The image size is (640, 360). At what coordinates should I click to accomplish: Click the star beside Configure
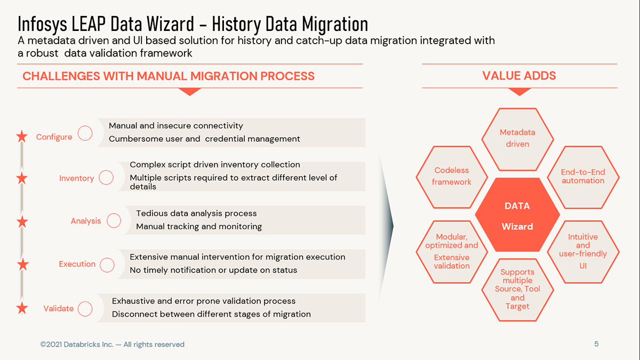[x=22, y=137]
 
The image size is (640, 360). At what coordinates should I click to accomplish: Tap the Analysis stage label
[x=86, y=221]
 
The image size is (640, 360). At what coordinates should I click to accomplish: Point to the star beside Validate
[x=22, y=308]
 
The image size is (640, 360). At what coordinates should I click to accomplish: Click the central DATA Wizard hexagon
[x=517, y=215]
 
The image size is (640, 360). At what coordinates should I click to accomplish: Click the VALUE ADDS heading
[x=519, y=76]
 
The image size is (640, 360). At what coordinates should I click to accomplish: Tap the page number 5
[x=596, y=344]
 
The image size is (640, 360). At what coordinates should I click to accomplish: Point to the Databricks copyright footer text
[x=113, y=345]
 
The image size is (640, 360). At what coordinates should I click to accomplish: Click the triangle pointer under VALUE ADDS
[x=519, y=92]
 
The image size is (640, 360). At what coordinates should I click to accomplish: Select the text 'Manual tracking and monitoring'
[x=199, y=227]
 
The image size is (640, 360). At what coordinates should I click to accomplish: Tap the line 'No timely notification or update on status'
[x=213, y=270]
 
